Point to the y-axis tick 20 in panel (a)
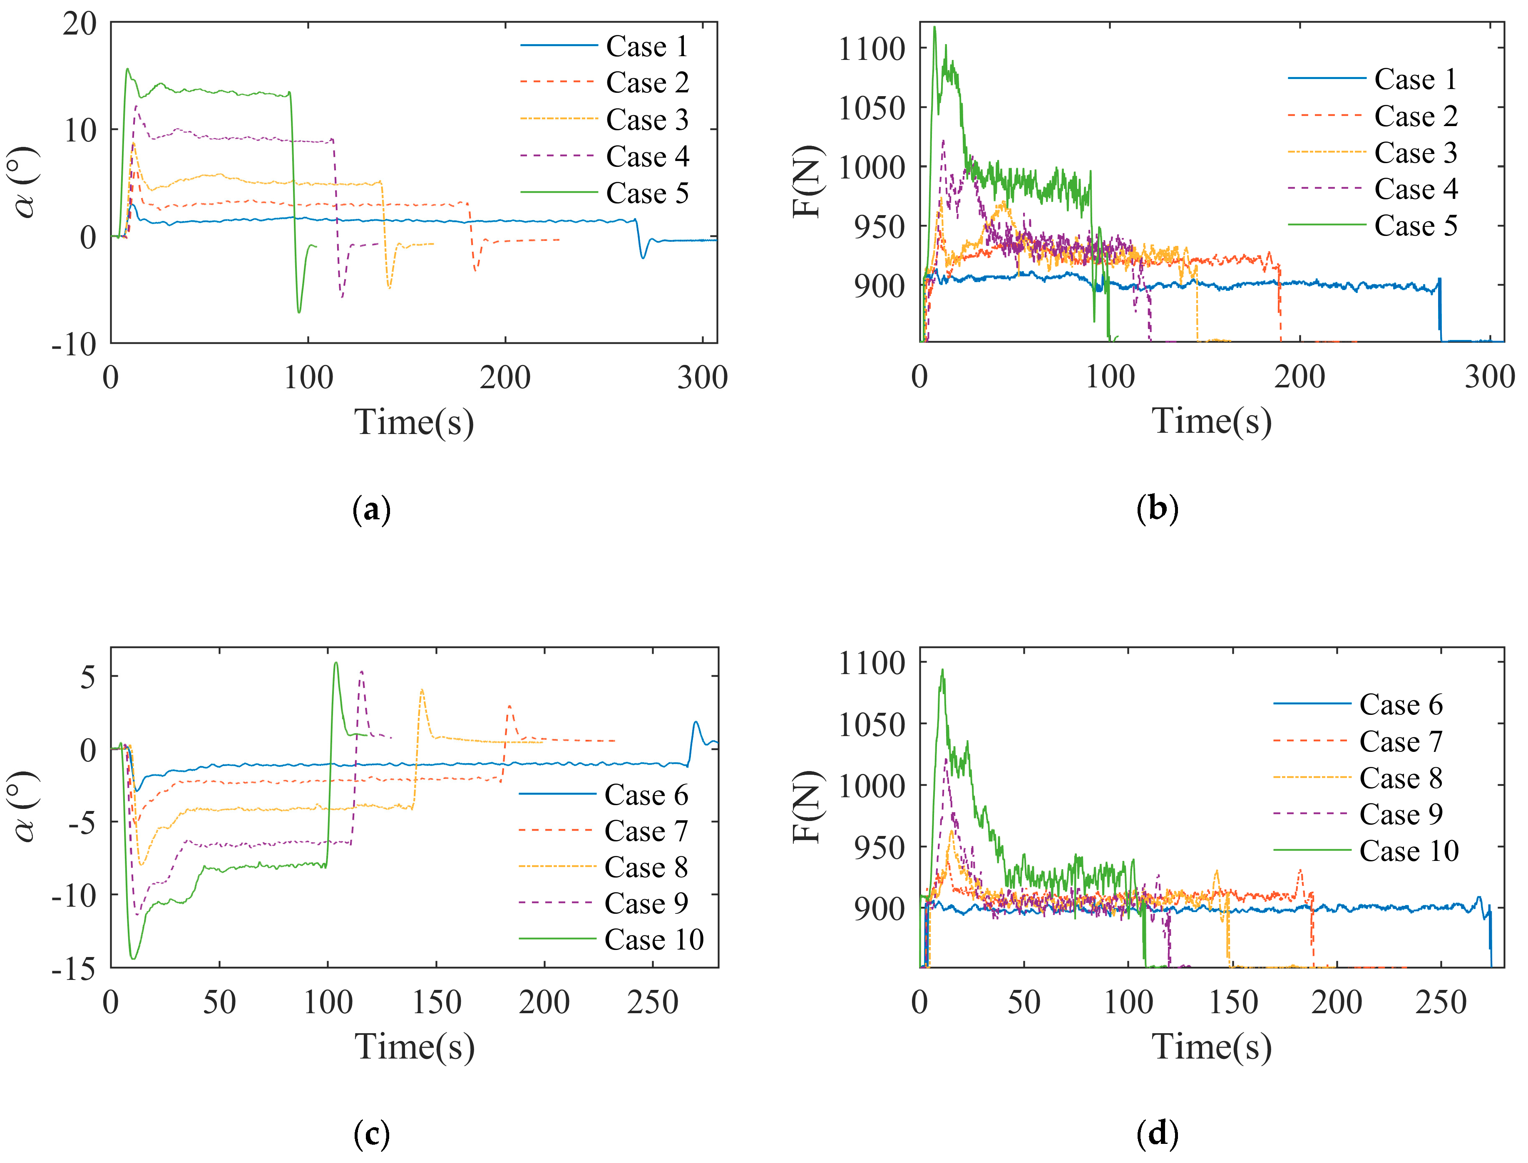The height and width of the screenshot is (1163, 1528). pos(80,24)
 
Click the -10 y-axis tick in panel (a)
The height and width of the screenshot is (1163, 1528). pos(74,344)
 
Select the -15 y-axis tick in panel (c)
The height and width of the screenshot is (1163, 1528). pos(74,969)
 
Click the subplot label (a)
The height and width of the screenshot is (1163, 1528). pos(372,510)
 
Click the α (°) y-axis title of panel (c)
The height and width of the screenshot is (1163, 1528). pos(26,807)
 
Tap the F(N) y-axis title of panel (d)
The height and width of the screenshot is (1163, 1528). pos(807,807)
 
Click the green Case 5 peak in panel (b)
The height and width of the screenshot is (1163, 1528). pos(935,28)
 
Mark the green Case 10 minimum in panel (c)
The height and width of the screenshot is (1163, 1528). pos(133,958)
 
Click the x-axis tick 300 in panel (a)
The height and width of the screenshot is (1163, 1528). pos(702,378)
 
